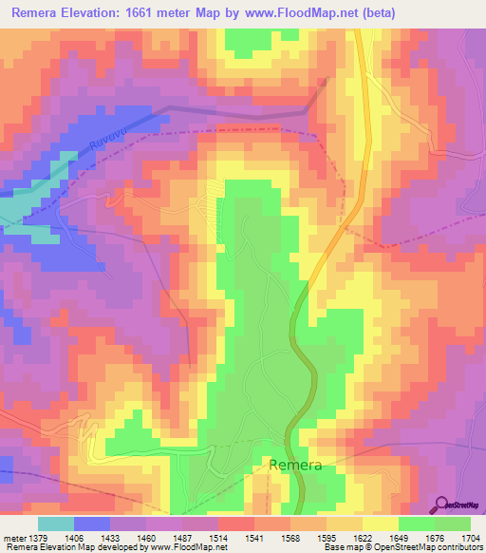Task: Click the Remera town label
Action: tap(295, 466)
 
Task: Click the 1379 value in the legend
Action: tap(41, 538)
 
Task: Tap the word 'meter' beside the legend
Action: tap(14, 538)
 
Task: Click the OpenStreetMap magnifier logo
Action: tap(441, 504)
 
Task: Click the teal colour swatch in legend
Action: tap(56, 524)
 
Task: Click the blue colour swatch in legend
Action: tap(92, 524)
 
